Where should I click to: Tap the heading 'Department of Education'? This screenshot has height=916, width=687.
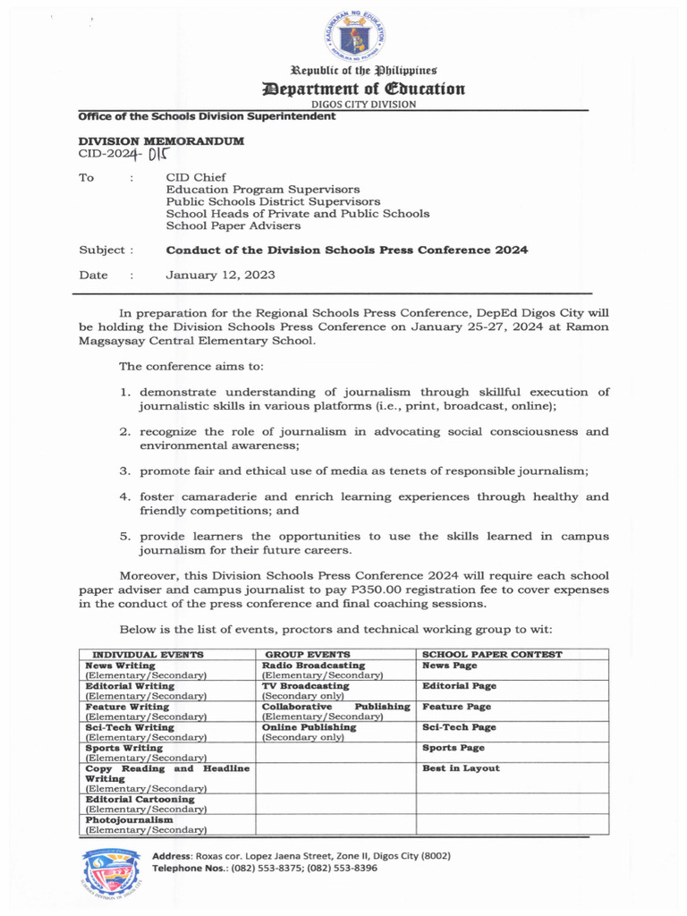click(362, 88)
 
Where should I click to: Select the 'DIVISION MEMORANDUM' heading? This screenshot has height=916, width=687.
click(161, 141)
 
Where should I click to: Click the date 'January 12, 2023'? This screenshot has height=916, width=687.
click(221, 276)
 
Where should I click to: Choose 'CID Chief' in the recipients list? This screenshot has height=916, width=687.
click(197, 177)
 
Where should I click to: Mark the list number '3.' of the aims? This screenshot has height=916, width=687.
click(126, 471)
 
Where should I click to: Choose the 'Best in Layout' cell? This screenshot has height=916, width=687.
click(461, 768)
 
